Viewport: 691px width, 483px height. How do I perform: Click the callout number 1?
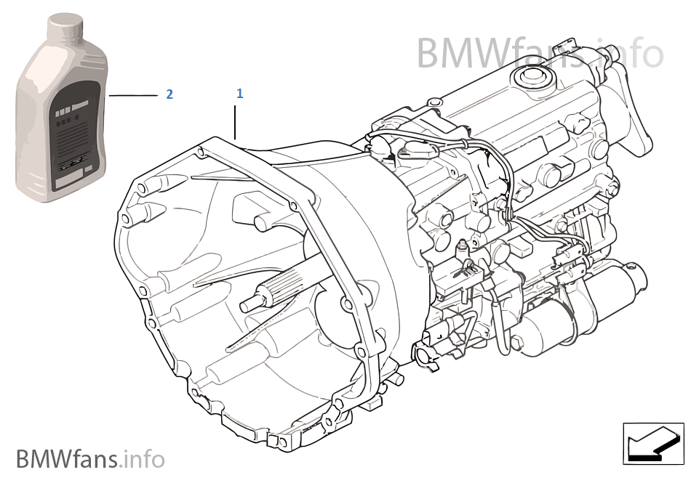tap(240, 93)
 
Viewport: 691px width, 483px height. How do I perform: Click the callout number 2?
tap(169, 94)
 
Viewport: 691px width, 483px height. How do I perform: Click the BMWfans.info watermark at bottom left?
tap(90, 459)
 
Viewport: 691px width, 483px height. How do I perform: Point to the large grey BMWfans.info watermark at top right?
tap(540, 54)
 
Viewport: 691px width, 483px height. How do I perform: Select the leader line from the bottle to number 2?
tap(133, 95)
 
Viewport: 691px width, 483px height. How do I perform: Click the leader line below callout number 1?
tap(235, 122)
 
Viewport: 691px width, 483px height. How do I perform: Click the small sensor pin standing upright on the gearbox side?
tap(463, 249)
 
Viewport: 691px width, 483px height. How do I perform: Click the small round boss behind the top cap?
tap(434, 102)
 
